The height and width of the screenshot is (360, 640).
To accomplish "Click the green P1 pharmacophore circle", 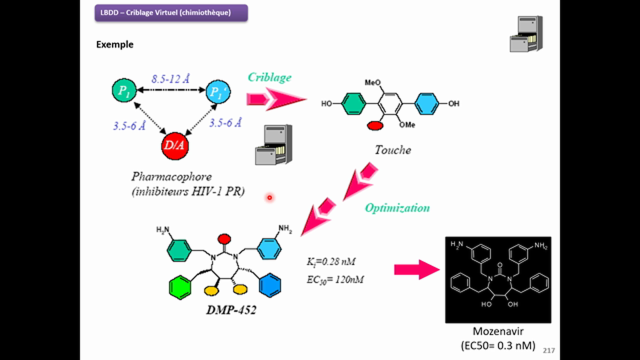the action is [x=124, y=90].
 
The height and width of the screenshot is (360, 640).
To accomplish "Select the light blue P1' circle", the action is [x=218, y=91].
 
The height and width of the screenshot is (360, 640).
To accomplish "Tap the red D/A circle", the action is [x=175, y=145].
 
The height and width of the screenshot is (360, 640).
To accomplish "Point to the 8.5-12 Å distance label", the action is [x=170, y=79].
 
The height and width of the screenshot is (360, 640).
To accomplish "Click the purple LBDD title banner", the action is [x=171, y=13].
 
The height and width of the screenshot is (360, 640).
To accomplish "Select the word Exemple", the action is [x=115, y=44].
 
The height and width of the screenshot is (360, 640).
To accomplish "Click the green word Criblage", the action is [x=269, y=77].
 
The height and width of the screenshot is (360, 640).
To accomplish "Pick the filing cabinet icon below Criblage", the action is [x=273, y=145].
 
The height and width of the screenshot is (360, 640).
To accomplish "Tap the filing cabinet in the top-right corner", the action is [x=526, y=34].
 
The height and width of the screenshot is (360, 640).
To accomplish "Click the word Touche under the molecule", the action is [x=393, y=150].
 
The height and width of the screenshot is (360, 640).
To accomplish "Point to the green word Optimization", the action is [x=397, y=207].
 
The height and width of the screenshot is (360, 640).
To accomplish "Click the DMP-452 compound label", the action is [x=231, y=310].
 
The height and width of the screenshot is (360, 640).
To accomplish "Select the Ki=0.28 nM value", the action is [x=331, y=261].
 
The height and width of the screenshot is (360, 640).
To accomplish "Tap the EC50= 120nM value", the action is [x=335, y=279].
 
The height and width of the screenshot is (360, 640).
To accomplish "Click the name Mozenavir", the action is [x=498, y=331].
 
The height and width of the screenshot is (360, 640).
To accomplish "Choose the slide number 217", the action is [x=548, y=350].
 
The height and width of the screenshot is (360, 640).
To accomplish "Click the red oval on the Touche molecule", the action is [x=375, y=125].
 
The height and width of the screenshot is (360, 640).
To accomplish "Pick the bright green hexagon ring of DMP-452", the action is [x=179, y=287].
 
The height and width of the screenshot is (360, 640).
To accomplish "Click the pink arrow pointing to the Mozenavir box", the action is [x=417, y=269].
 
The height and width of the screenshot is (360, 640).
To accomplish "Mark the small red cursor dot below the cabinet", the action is [x=269, y=197].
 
